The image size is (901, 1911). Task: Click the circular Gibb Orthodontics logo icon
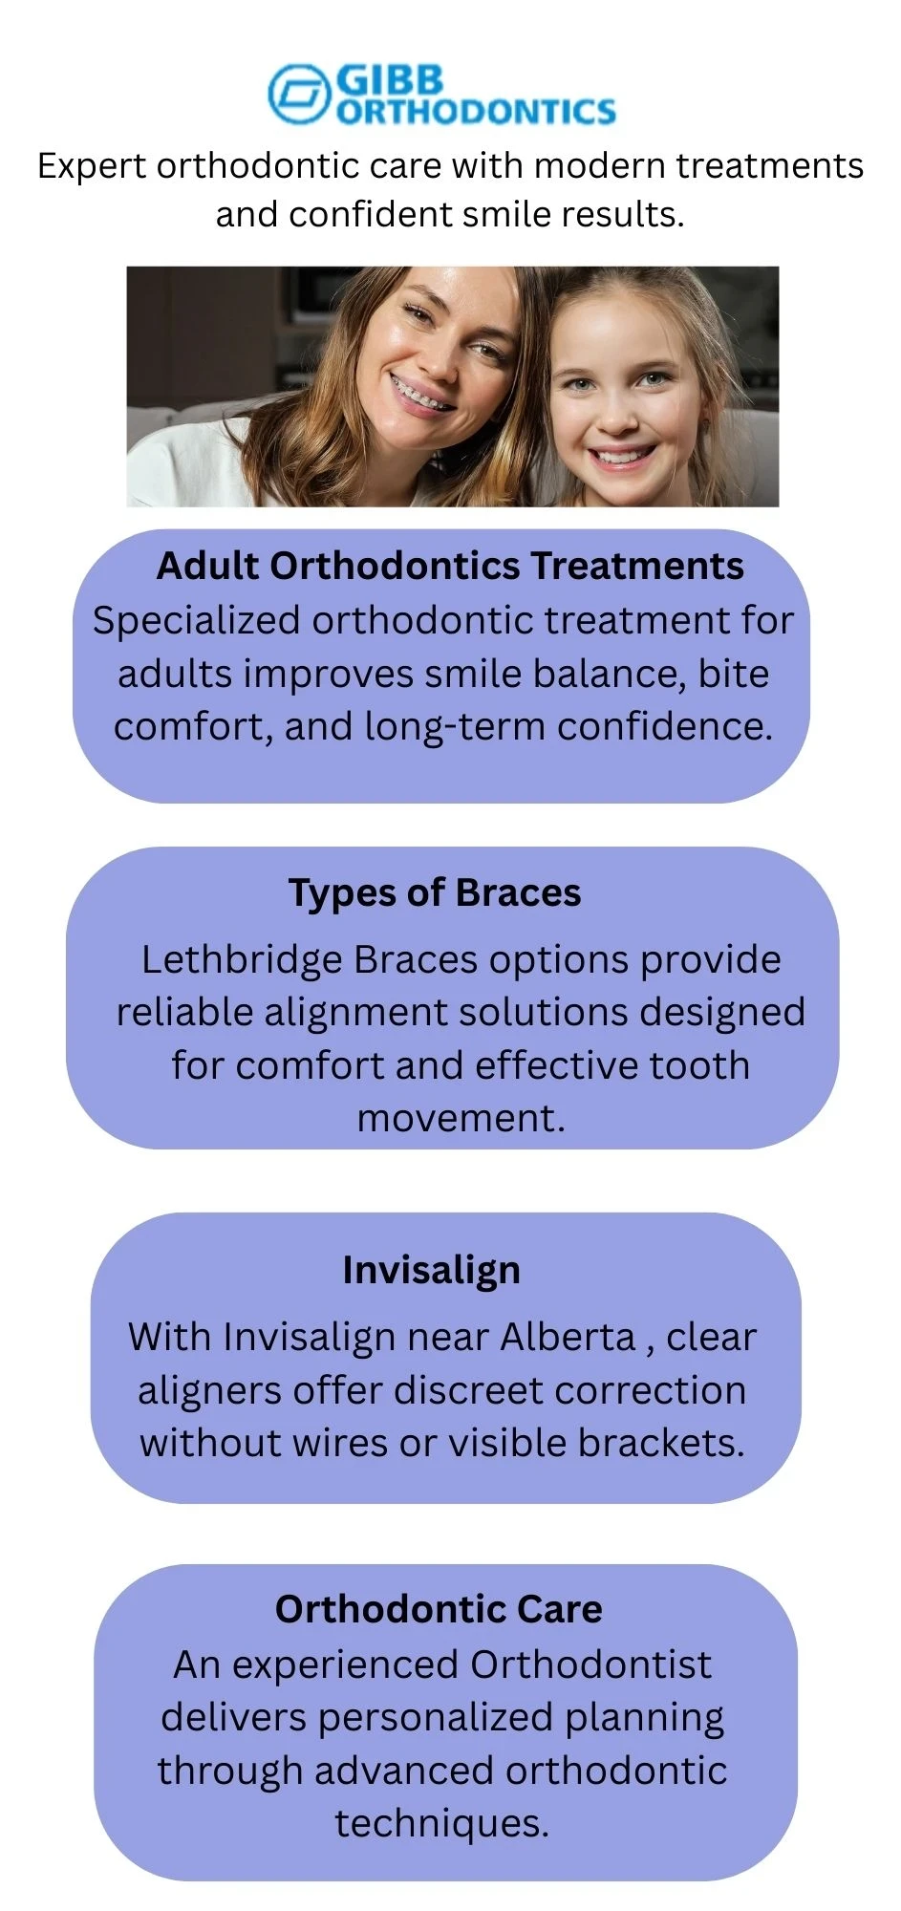point(298,93)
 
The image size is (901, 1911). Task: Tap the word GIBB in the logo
point(390,79)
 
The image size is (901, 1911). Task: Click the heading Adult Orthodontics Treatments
point(450,566)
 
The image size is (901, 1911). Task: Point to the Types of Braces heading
point(435,892)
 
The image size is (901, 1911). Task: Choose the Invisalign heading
point(432,1271)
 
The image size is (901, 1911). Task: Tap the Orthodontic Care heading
point(439,1609)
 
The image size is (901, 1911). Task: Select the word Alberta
point(568,1337)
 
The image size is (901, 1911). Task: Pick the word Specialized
point(196,621)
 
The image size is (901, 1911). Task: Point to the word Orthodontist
point(590,1664)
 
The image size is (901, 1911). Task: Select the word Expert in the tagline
point(91,167)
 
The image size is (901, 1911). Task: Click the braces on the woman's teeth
point(421,393)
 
